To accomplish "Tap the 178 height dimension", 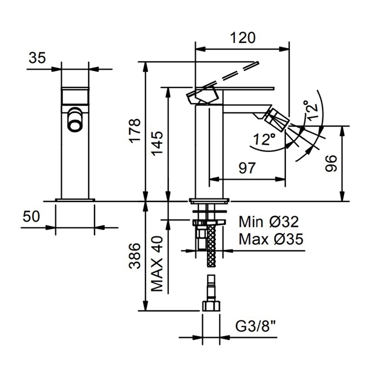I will coord(136,130).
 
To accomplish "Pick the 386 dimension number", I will coord(136,257).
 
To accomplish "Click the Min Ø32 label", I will coord(268,221).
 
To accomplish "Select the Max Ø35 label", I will coord(270,239).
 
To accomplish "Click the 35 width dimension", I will coord(37,58).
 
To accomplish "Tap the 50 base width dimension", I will coord(31,216).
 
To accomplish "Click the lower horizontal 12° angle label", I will coord(264,140).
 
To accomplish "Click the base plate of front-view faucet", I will coord(75,200).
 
